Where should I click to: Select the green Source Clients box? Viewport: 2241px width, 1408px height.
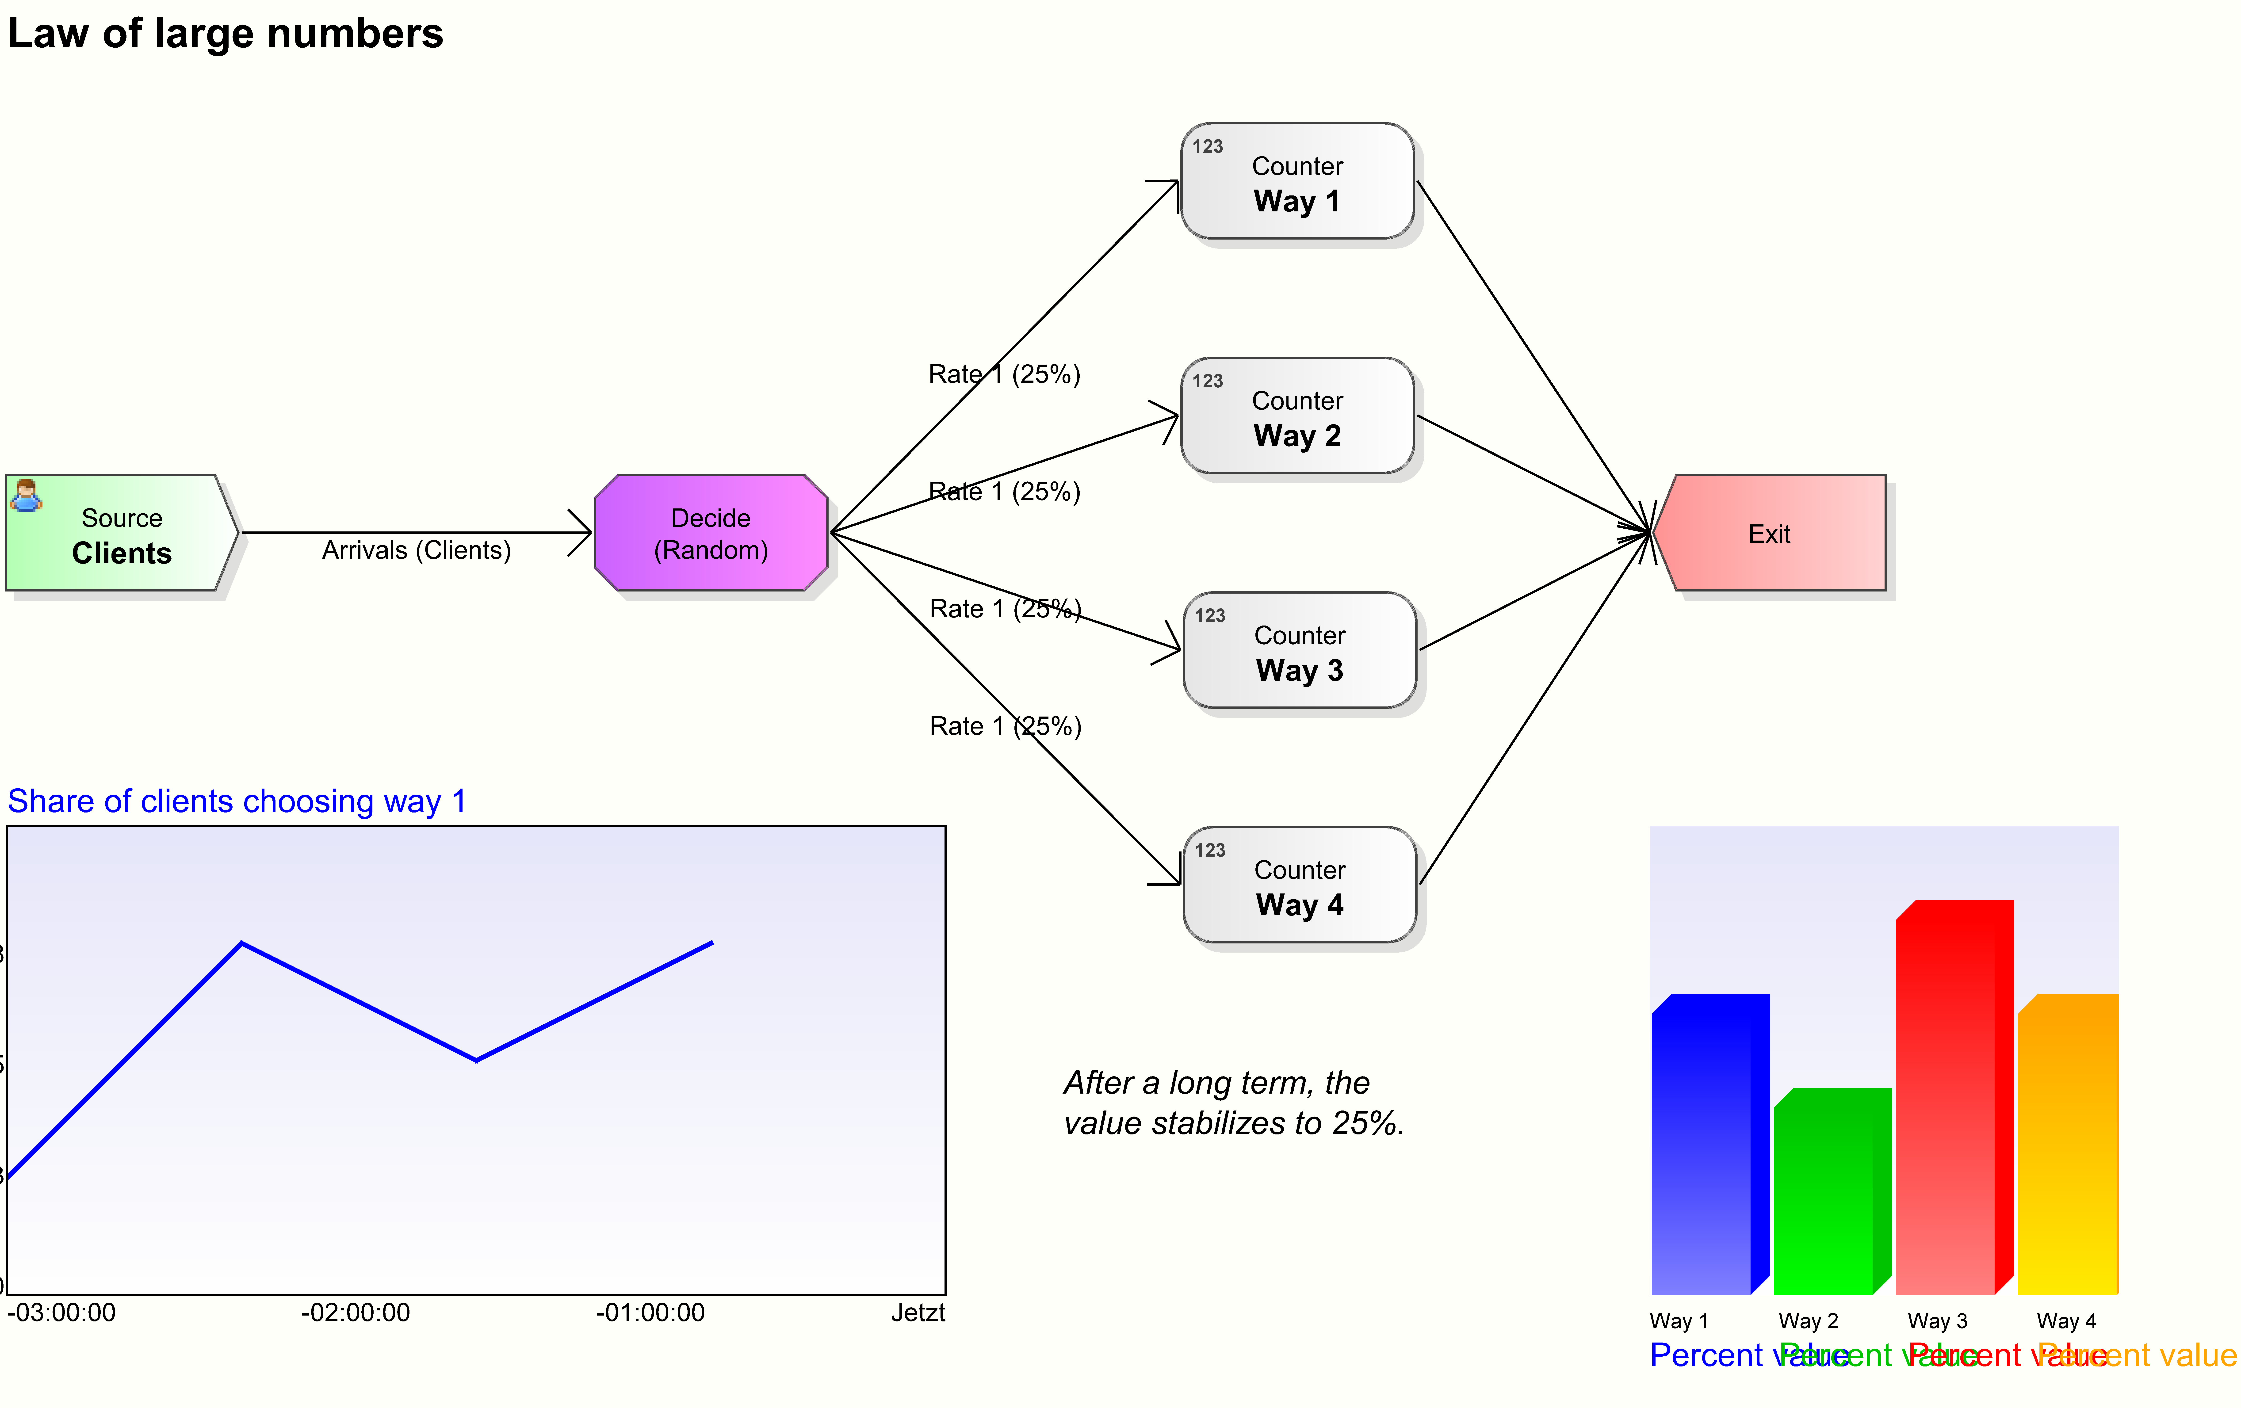point(121,533)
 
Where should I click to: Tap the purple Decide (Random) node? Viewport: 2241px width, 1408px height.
point(710,533)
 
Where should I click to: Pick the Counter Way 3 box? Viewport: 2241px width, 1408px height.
point(1299,650)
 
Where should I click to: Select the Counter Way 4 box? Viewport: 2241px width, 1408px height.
point(1299,885)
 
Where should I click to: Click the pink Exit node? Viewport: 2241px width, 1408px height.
point(1768,533)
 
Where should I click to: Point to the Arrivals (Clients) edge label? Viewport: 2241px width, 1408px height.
point(416,550)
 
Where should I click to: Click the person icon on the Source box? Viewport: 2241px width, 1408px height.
point(25,495)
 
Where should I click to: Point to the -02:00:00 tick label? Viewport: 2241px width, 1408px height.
point(356,1313)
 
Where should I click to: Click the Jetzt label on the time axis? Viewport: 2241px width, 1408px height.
point(918,1313)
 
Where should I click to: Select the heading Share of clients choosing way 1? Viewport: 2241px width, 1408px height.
point(236,801)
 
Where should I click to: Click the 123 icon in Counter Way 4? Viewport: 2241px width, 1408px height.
point(1210,850)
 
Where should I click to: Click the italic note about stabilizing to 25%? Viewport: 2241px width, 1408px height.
point(1233,1103)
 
